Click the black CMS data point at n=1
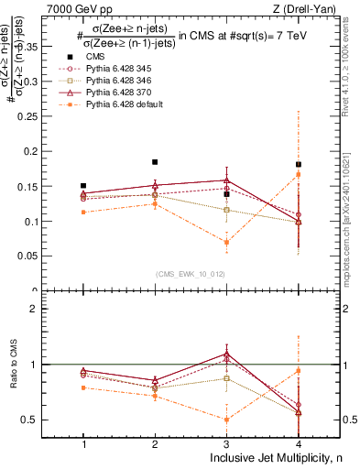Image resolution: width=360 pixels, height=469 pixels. [83, 186]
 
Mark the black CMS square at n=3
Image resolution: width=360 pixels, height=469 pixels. [227, 194]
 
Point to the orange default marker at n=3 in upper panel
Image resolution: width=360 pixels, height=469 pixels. [227, 242]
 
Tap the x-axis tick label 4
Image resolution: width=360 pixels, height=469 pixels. [299, 443]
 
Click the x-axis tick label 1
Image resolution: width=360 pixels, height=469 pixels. [83, 443]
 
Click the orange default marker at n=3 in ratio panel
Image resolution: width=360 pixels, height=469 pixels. [227, 420]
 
